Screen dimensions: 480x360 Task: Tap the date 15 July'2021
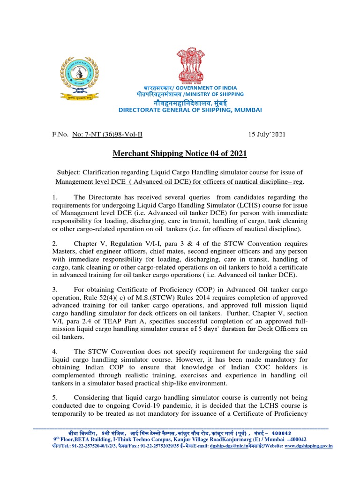coord(266,134)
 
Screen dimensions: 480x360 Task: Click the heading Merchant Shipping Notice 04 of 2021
coord(180,154)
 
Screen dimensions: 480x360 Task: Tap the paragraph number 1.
coord(54,197)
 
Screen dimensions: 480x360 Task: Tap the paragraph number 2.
coord(54,244)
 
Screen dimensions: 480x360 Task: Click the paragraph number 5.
coord(54,397)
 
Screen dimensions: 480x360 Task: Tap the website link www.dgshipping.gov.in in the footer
coord(308,446)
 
